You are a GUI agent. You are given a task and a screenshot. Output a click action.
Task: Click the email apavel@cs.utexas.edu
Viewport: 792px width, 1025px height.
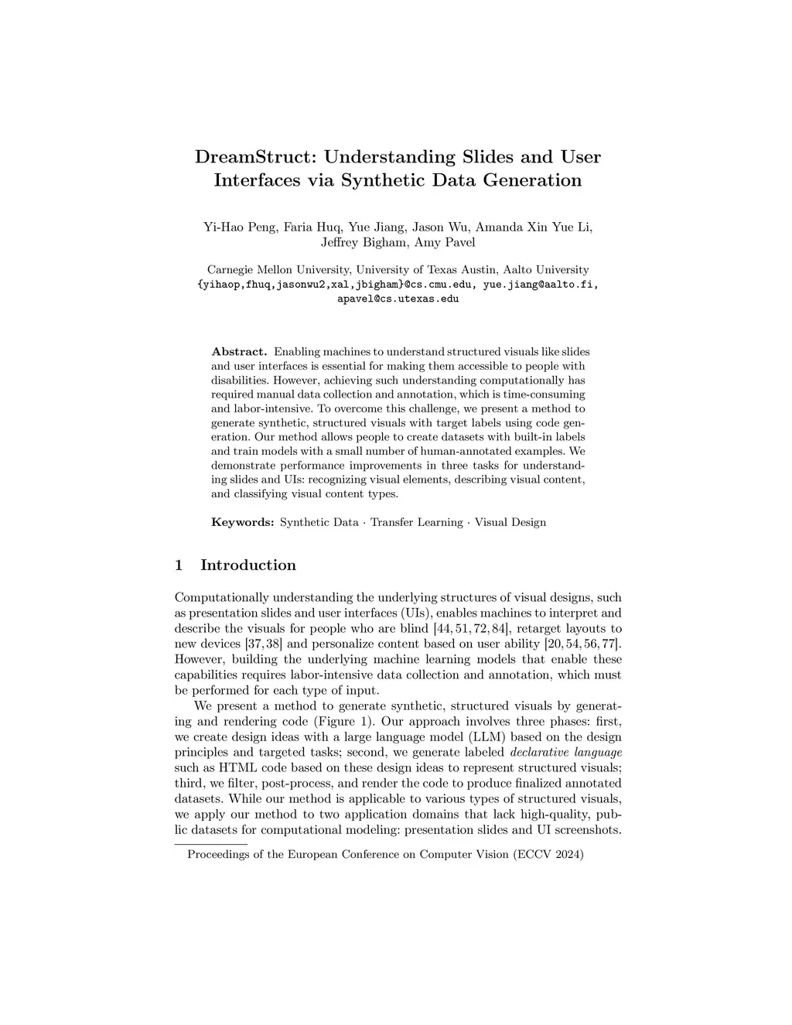click(x=398, y=299)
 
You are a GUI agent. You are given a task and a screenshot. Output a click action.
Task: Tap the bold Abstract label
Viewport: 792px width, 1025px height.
click(x=239, y=351)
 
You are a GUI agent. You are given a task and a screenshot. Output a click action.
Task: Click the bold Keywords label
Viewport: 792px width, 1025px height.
click(x=243, y=522)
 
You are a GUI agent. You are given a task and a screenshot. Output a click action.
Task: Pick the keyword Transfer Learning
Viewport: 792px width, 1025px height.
click(x=416, y=522)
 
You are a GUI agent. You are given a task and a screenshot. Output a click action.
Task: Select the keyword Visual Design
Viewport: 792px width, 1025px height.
click(x=510, y=522)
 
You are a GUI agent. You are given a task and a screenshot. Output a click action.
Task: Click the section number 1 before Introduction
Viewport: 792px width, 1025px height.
click(x=179, y=565)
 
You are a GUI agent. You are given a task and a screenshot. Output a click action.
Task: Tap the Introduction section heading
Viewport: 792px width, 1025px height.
click(x=247, y=565)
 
